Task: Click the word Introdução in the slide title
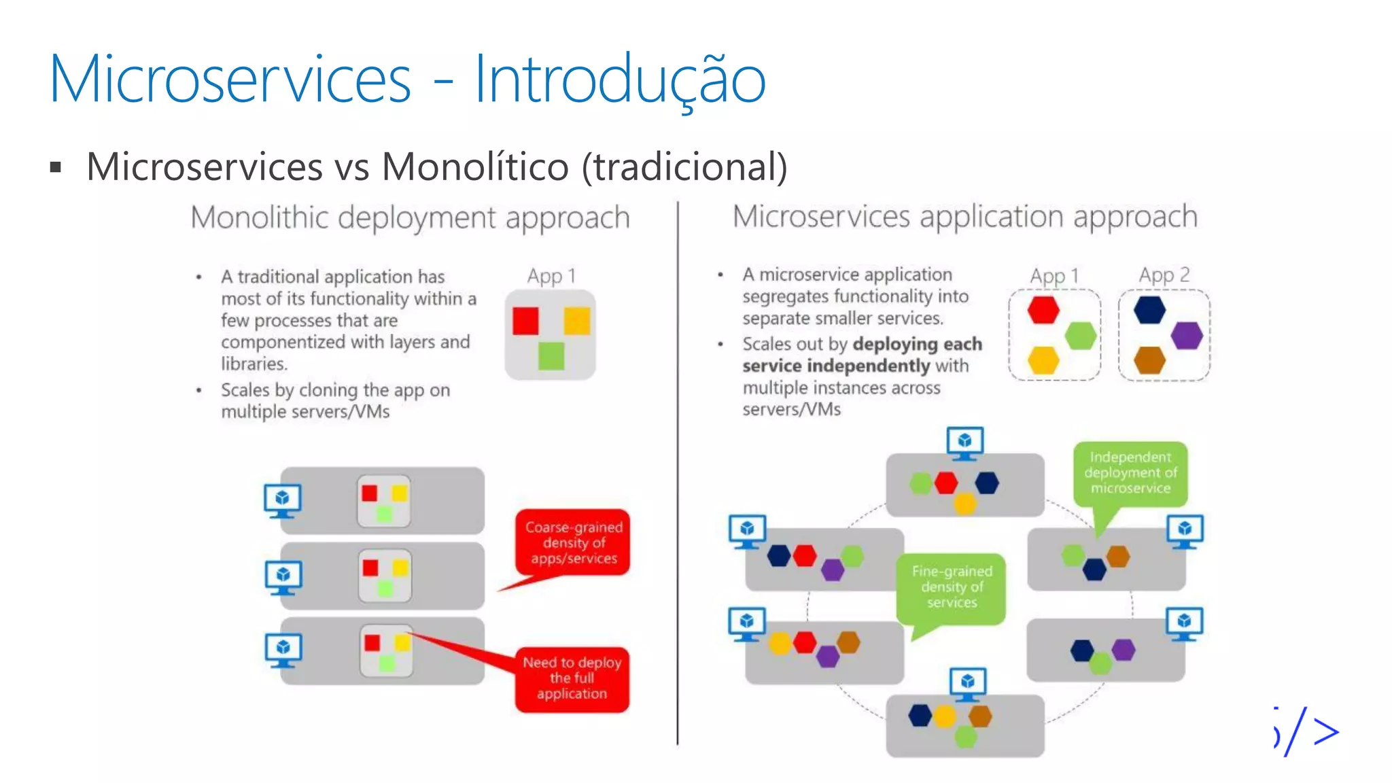[619, 80]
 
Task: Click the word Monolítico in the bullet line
[474, 167]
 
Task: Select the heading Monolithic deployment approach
[410, 218]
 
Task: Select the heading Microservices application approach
[964, 217]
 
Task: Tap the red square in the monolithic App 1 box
[525, 321]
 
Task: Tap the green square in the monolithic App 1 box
[551, 355]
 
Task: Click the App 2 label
[1164, 275]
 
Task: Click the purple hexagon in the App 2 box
[1187, 335]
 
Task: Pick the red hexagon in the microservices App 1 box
[1043, 309]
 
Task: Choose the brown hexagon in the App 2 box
[1149, 360]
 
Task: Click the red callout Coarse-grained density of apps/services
[573, 542]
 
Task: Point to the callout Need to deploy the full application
[572, 678]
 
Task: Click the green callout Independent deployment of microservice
[1130, 472]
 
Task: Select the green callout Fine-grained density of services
[951, 587]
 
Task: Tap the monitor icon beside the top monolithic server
[282, 500]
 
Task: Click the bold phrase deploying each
[917, 344]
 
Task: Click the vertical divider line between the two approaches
[678, 476]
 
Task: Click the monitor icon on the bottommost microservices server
[968, 684]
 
